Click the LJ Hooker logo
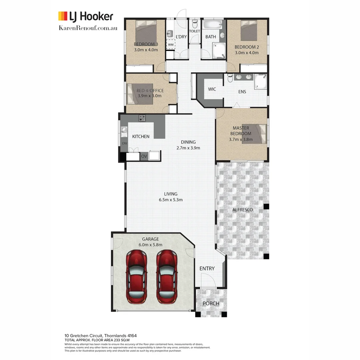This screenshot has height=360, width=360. pos(86,16)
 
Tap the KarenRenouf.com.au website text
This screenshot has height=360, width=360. pos(88,28)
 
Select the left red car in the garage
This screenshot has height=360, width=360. pos(136,277)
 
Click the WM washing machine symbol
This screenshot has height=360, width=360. pos(171,44)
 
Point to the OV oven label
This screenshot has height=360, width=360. pos(144,156)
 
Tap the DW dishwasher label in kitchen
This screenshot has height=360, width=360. pos(124,143)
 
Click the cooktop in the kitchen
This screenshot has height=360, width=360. pos(142,118)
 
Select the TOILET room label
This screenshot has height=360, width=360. pos(194,31)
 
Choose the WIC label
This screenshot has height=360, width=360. pos(212,89)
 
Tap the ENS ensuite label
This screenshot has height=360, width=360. pos(242,91)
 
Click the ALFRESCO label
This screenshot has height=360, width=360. pos(243,210)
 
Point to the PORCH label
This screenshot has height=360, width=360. pos(211,303)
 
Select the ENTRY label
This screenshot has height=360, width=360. pos(207,268)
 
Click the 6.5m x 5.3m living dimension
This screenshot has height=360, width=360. pos(171,200)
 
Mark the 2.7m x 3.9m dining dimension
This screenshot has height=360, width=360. pos(188,148)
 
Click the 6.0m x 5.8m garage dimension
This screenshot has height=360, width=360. pos(151,245)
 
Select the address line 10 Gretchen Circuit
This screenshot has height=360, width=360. pos(101,335)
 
